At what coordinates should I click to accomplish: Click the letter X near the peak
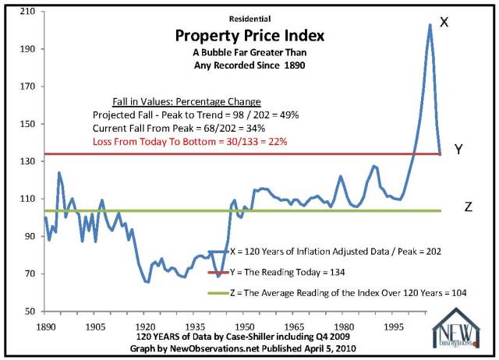click(x=444, y=23)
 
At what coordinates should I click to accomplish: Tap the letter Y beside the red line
click(x=460, y=150)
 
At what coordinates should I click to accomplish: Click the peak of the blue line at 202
click(x=430, y=25)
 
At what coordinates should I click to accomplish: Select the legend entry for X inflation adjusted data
click(x=335, y=251)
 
